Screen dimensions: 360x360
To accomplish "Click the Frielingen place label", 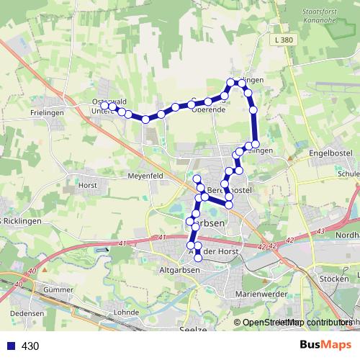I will tap(48, 113).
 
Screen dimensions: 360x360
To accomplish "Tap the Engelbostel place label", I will tap(330, 153).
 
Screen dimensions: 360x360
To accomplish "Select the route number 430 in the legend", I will tap(30, 346).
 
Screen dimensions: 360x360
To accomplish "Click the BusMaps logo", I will tap(325, 345).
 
